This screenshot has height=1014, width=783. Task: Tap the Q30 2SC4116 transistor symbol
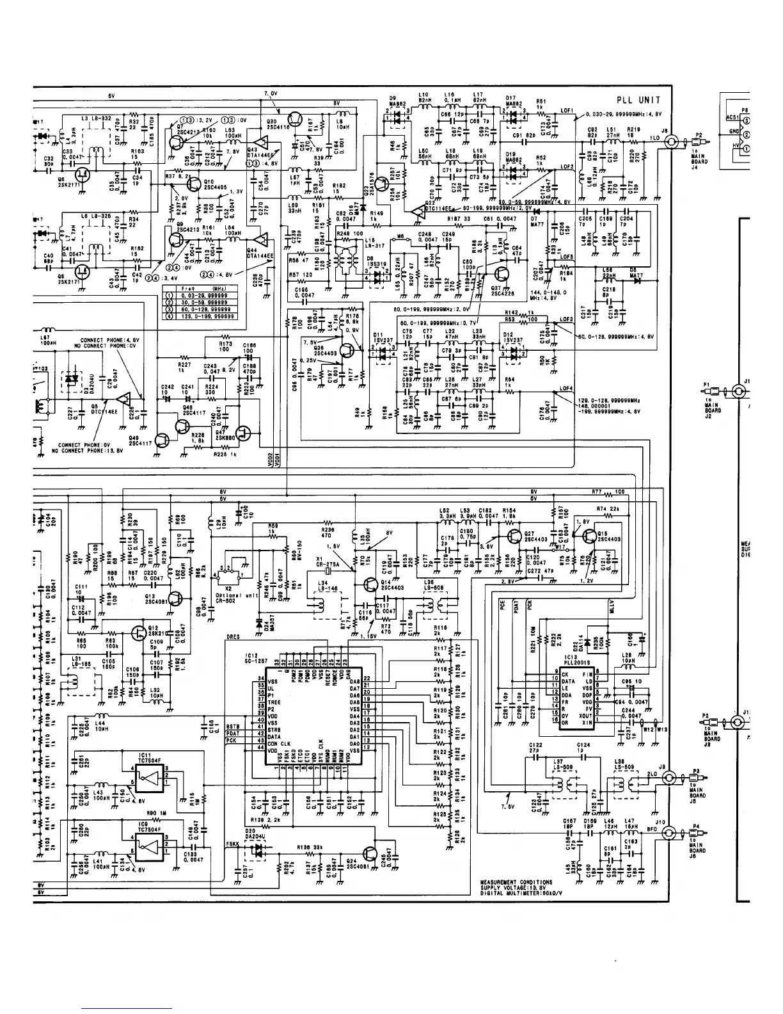click(x=295, y=119)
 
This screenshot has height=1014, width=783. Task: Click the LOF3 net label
click(x=565, y=319)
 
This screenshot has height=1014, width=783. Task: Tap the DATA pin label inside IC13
click(x=569, y=682)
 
